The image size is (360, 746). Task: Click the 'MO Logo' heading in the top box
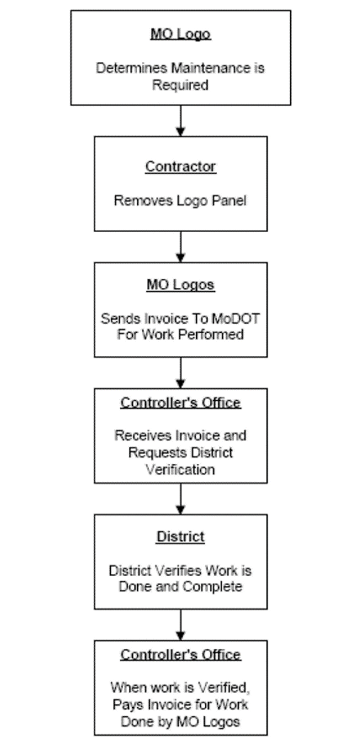181,34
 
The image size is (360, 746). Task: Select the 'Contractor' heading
181,166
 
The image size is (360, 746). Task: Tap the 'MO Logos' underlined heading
181,285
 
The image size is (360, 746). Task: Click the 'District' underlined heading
181,536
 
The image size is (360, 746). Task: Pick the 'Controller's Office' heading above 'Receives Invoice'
181,403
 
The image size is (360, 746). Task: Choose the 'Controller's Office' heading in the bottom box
181,654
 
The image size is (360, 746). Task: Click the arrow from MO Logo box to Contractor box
181,121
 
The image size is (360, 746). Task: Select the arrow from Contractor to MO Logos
181,247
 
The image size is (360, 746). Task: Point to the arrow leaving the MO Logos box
181,373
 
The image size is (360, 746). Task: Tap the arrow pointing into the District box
181,499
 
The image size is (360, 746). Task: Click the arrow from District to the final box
181,625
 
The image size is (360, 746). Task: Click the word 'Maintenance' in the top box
211,68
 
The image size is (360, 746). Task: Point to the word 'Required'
181,85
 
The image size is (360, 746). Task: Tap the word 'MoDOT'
235,319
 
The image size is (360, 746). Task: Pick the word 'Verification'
181,469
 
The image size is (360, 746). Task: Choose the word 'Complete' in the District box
213,586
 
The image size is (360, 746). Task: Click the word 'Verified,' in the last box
224,687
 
